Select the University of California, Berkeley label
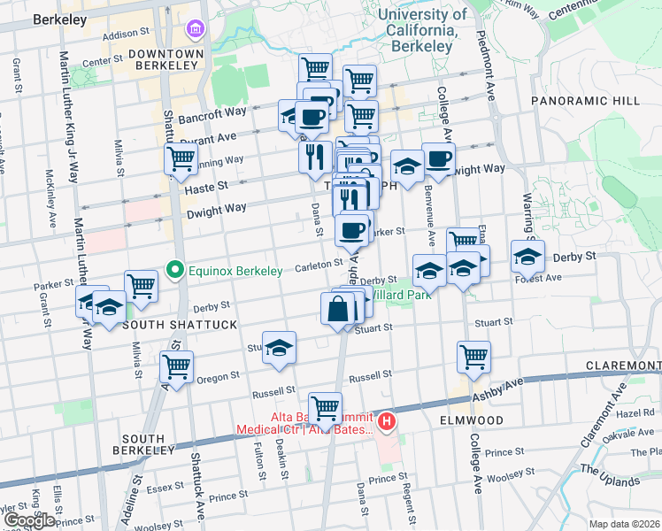click(421, 30)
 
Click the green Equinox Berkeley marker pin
click(176, 270)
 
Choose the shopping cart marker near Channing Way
click(181, 160)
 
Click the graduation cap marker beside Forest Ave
click(527, 257)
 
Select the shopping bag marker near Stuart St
click(338, 311)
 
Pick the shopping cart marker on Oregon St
click(176, 366)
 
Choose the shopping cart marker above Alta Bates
click(326, 407)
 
